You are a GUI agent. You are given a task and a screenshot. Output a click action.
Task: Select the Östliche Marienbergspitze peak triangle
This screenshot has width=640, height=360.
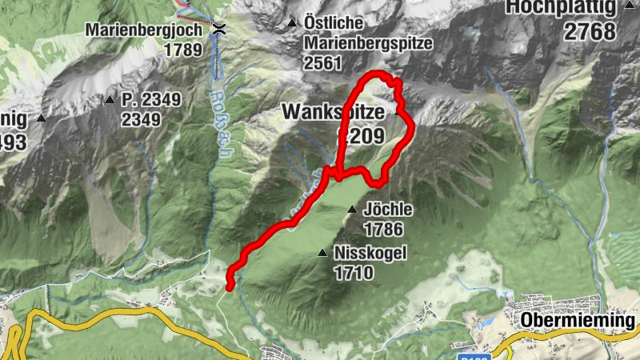[x=292, y=22]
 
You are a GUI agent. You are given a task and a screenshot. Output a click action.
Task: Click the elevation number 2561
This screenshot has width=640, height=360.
[x=322, y=63]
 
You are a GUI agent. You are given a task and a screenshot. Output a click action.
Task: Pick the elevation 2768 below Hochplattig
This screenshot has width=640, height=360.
[x=589, y=31]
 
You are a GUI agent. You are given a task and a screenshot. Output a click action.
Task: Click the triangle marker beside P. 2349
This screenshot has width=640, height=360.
[x=110, y=100]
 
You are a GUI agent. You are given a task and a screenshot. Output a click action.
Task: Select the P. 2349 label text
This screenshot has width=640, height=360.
[x=151, y=100]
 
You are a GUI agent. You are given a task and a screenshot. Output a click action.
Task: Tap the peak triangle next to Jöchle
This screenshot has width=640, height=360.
[x=351, y=210]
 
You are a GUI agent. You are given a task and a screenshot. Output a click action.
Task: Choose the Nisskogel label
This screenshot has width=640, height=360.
[x=371, y=254]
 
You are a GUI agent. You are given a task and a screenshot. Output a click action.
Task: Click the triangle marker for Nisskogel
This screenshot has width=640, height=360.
[x=322, y=254]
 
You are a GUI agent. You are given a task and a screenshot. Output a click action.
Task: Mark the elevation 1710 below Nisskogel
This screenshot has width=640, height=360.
[x=354, y=274]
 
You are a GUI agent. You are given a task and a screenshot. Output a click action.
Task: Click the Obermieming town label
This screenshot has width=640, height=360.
[x=578, y=321]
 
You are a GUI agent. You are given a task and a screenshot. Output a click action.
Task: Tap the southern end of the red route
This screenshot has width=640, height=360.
[x=230, y=286]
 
